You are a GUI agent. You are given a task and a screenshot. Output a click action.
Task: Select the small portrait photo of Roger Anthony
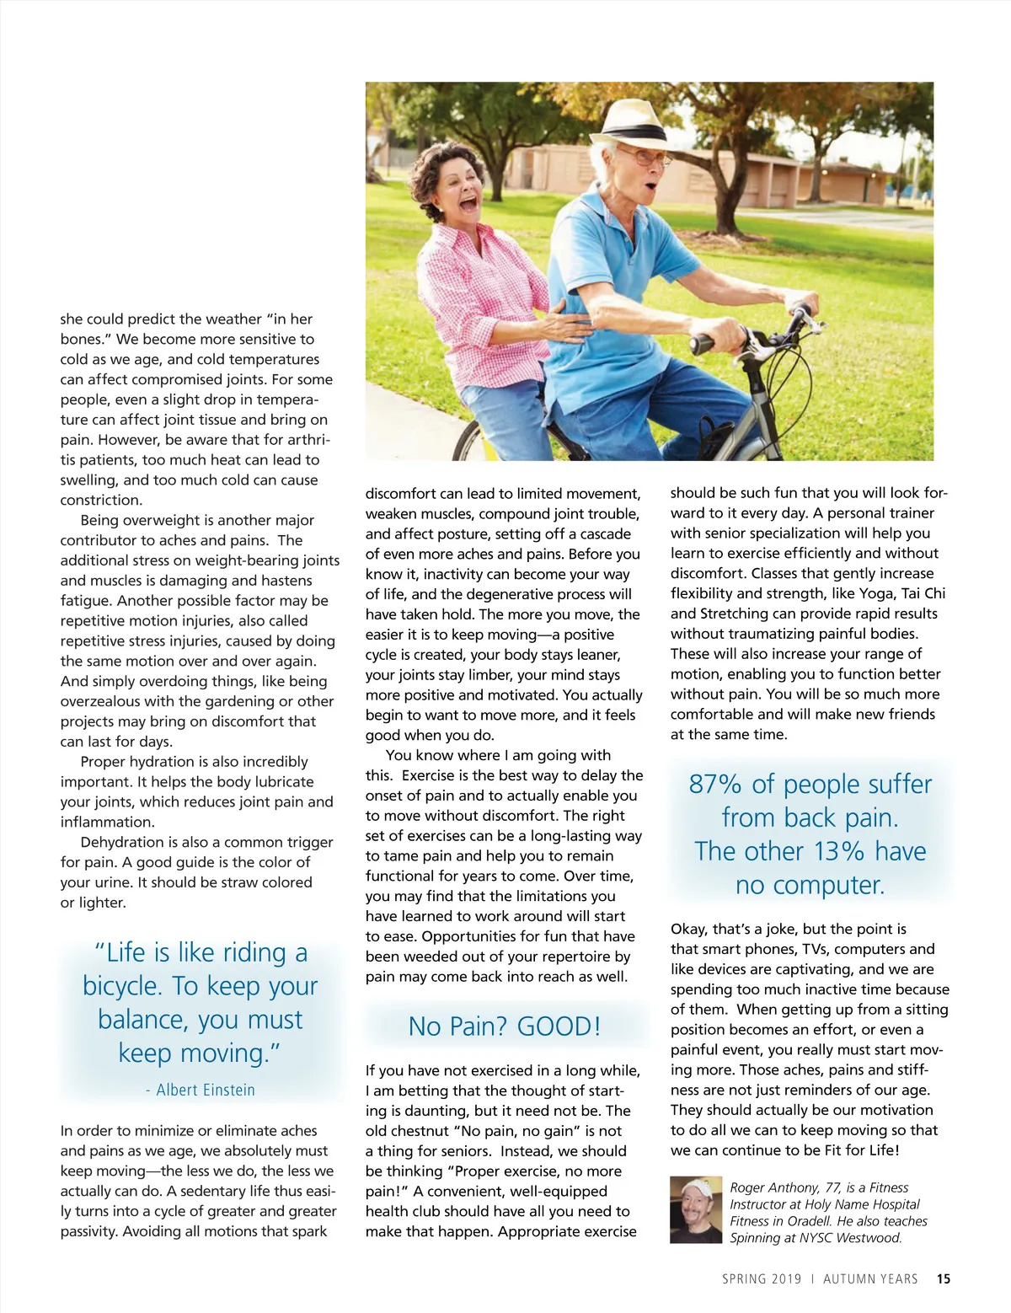[x=696, y=1210]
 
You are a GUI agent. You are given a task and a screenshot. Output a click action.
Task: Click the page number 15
[x=944, y=1278]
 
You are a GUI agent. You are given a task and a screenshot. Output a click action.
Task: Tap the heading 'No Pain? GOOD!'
[x=504, y=1026]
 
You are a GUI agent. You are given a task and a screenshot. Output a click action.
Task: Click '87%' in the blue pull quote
[x=714, y=784]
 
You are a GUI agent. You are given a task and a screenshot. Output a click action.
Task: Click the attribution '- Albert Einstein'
[x=201, y=1090]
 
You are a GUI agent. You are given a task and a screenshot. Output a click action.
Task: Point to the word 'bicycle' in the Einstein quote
[x=123, y=986]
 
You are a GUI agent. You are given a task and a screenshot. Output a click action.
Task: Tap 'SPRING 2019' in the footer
[x=762, y=1278]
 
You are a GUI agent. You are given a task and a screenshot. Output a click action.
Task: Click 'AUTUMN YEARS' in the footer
[x=870, y=1278]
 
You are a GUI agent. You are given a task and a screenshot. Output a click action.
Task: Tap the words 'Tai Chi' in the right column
[x=923, y=593]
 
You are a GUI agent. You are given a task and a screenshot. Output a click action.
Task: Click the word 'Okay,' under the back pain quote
[x=689, y=929]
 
